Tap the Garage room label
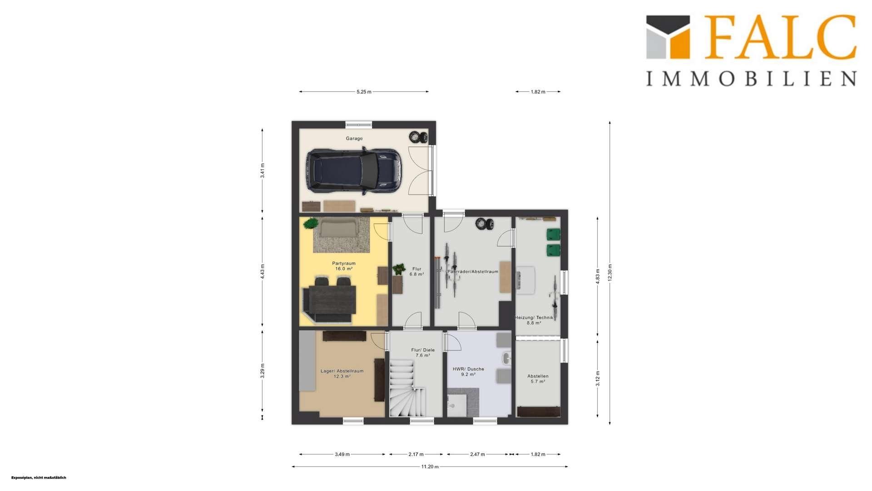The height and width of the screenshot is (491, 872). tap(354, 139)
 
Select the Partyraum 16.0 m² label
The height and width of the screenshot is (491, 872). tap(344, 266)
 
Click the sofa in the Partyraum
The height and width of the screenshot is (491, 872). tap(338, 228)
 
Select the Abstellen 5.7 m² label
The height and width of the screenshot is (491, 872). tap(538, 379)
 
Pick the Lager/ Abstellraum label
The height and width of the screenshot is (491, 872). tap(342, 374)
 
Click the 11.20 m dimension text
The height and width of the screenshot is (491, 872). tap(430, 466)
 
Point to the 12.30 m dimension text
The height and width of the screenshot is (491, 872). tap(610, 273)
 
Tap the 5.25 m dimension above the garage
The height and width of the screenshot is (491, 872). tap(364, 92)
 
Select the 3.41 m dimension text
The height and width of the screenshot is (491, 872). tap(263, 170)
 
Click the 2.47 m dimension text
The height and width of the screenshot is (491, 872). tap(477, 454)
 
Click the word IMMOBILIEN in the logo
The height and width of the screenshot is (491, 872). tap(752, 78)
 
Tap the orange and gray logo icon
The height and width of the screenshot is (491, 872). tap(668, 37)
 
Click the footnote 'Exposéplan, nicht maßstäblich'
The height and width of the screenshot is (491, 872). tap(39, 478)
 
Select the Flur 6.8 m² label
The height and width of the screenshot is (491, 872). tap(416, 271)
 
